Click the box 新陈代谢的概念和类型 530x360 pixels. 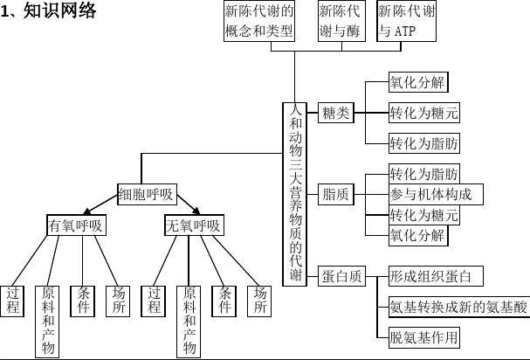(259, 21)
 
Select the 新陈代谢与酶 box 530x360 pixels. (340, 21)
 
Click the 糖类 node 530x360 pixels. (335, 113)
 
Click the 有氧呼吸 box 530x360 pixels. (76, 225)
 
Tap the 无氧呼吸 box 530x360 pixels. (193, 225)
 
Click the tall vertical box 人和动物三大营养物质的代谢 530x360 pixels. (295, 193)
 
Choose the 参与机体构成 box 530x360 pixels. (436, 194)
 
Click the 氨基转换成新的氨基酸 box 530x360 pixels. (458, 307)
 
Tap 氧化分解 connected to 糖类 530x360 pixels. (417, 84)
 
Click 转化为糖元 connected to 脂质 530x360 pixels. (424, 215)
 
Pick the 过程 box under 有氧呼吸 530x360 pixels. (13, 300)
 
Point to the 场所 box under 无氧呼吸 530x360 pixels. (259, 300)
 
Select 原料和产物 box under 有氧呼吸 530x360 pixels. (48, 320)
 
